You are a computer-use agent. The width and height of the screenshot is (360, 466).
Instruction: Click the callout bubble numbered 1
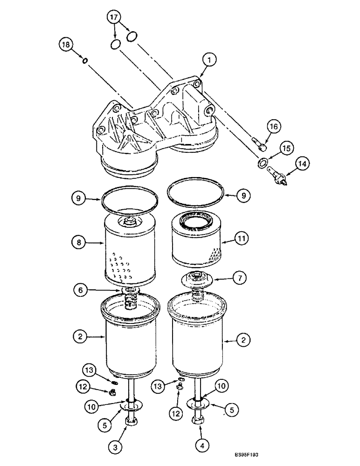(x=209, y=59)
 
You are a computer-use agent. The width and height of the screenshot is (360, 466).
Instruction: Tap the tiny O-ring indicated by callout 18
(x=84, y=60)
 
